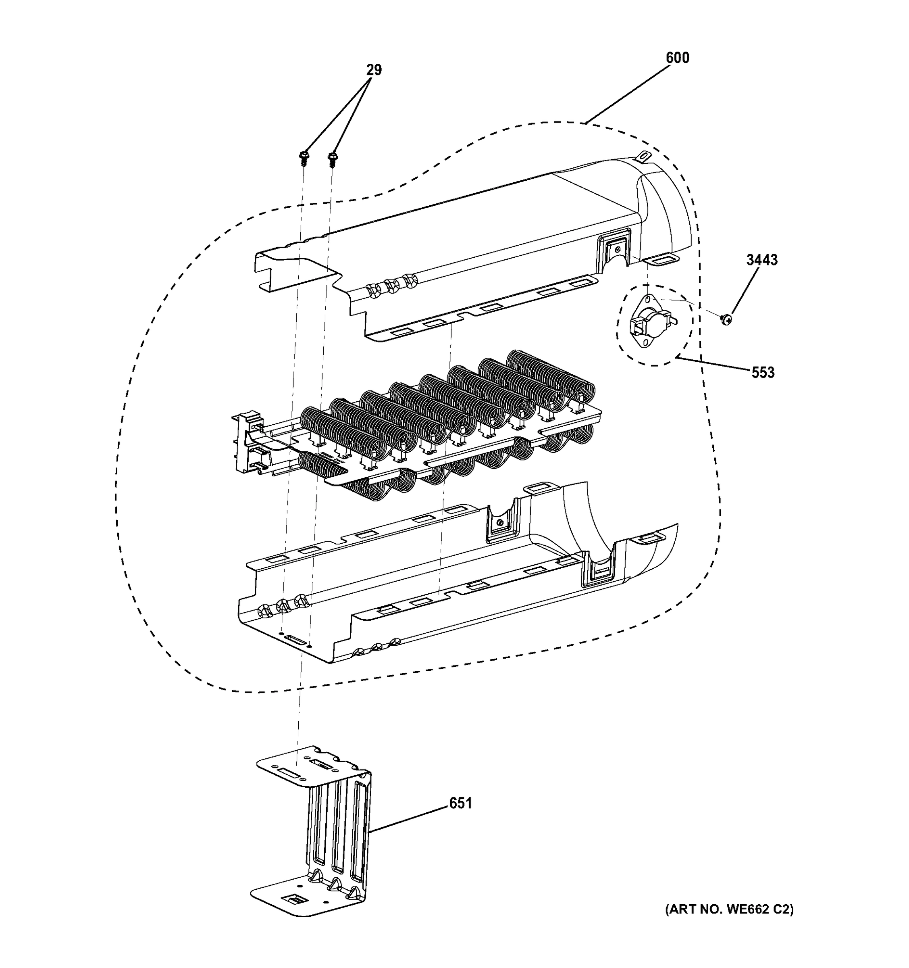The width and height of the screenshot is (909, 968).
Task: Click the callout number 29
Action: click(x=374, y=70)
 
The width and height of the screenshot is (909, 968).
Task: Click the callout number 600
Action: click(x=677, y=58)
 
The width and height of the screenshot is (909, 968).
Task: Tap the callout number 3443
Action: click(x=762, y=260)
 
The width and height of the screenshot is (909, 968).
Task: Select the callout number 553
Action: click(x=763, y=373)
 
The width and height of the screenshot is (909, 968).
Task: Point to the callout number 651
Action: click(x=460, y=803)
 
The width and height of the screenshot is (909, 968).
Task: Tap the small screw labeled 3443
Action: click(x=726, y=319)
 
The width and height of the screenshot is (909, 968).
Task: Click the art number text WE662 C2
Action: click(x=729, y=909)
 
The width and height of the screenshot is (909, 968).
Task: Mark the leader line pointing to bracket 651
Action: click(x=409, y=818)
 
